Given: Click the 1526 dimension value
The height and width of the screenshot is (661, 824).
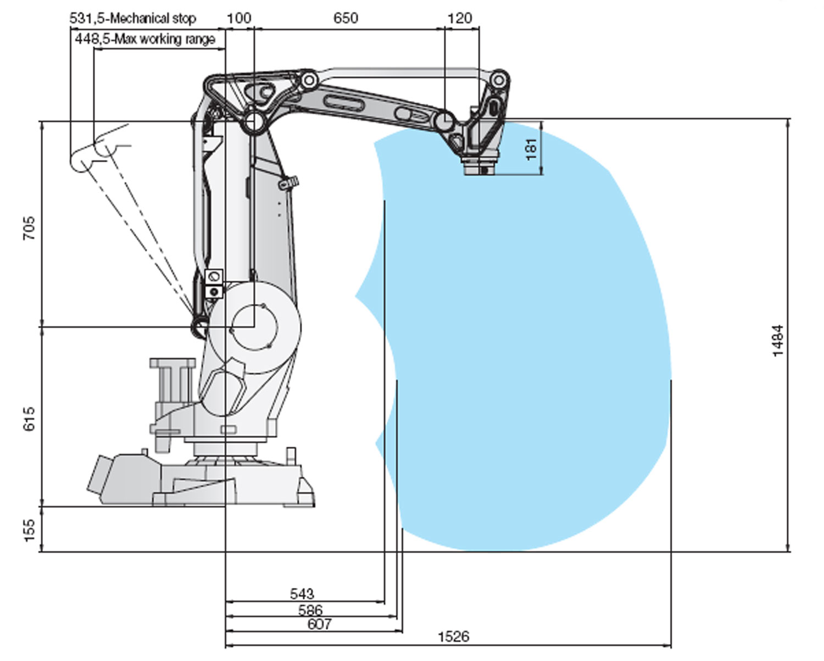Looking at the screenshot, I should click(x=453, y=636).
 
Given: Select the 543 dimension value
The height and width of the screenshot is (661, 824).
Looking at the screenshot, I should click(x=302, y=593).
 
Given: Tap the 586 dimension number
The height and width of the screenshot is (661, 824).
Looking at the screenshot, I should click(x=310, y=609).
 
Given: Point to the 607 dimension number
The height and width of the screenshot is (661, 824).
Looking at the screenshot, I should click(x=319, y=624).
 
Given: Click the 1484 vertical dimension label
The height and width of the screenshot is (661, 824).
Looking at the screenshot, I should click(x=778, y=341).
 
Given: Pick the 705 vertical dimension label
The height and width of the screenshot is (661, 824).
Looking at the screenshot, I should click(x=29, y=228).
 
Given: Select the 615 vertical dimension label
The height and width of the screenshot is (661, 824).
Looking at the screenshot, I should click(x=29, y=418).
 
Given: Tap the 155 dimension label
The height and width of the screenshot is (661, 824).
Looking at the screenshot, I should click(x=29, y=530).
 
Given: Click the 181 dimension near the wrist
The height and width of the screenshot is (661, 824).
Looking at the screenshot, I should click(x=531, y=149).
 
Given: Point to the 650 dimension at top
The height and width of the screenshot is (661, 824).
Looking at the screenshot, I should click(x=346, y=18).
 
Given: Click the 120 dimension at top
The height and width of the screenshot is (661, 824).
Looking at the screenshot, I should click(x=459, y=18).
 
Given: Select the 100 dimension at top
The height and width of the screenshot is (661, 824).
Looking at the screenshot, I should click(x=239, y=18).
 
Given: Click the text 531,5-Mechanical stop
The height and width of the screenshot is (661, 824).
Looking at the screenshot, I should click(x=132, y=18).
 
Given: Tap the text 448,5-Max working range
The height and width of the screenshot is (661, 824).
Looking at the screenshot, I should click(x=145, y=39).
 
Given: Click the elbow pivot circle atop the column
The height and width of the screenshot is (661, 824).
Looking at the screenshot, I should click(x=254, y=120).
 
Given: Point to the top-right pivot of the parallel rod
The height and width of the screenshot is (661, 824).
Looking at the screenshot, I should click(x=498, y=79).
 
